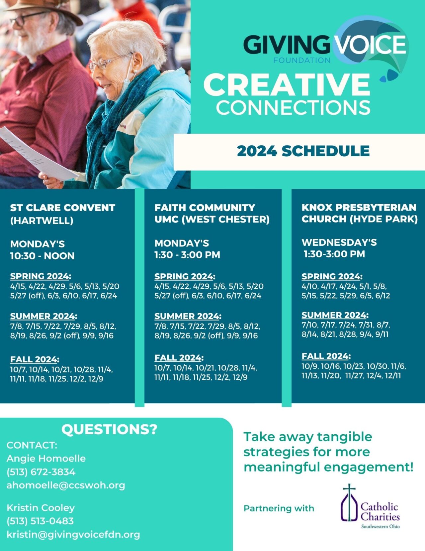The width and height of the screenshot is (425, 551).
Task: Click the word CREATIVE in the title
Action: [287, 85]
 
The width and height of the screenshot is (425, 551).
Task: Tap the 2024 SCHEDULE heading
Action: [303, 151]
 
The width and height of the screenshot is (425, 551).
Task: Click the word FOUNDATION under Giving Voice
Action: [301, 60]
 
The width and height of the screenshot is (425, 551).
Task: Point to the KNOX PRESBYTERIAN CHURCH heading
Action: [359, 213]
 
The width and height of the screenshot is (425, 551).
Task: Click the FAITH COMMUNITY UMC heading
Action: [212, 213]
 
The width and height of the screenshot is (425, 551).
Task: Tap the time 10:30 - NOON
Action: [42, 256]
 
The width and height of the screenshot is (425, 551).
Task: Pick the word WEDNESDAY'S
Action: [339, 242]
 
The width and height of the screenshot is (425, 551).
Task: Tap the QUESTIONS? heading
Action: [109, 429]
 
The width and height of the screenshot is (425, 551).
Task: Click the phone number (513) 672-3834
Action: [41, 472]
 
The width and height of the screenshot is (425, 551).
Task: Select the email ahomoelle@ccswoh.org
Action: [66, 485]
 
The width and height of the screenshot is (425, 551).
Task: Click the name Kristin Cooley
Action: [41, 508]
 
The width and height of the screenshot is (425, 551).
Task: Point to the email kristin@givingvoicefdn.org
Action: [73, 534]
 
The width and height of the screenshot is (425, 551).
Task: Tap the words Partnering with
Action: [279, 508]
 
